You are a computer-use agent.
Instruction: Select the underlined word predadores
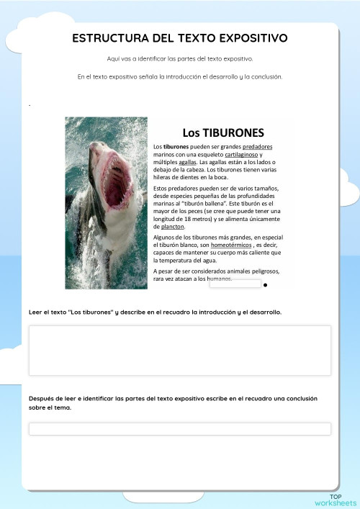[258, 147]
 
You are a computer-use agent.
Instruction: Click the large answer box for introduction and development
[179, 350]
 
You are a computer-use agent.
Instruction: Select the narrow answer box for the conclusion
[179, 429]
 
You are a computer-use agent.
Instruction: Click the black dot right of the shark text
[266, 285]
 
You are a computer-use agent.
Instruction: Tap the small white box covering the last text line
[235, 284]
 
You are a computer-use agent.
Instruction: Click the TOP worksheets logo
[336, 500]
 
